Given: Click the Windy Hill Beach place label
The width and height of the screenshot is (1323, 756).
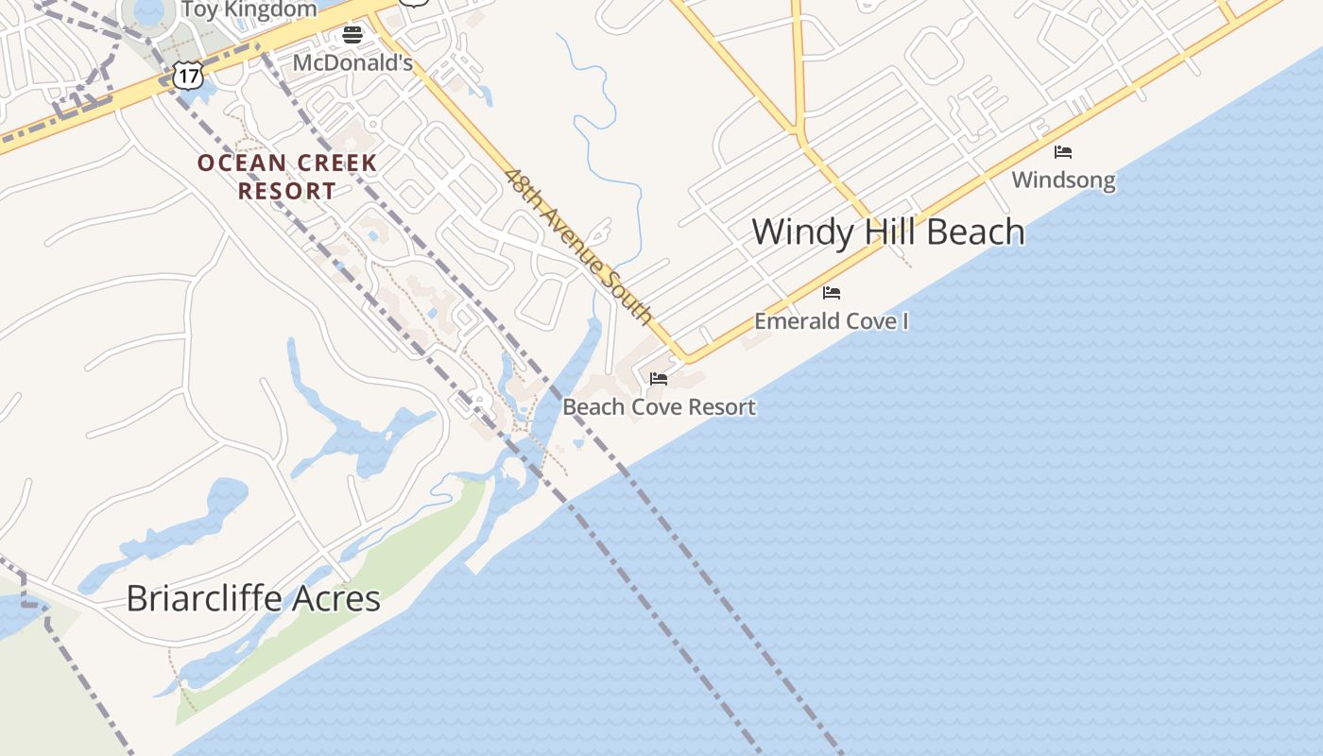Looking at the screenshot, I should coord(887,232).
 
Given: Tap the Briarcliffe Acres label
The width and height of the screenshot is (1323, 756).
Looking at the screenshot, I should coord(253,598).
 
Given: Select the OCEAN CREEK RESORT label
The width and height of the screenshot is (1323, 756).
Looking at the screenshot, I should coord(287,177).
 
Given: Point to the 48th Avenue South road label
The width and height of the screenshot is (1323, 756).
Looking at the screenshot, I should coord(578,246).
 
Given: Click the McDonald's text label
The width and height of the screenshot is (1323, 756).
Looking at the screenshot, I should coord(352,63).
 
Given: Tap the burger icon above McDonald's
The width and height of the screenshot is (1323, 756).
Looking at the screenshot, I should coord(352,36).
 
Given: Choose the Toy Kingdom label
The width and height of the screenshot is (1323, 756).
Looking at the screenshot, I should coord(249,9).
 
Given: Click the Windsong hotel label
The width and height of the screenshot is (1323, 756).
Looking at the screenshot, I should coord(1063,180).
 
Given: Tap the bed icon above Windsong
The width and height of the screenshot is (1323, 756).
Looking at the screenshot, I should coord(1063,151).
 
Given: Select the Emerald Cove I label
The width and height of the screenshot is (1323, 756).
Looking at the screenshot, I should coord(831,321).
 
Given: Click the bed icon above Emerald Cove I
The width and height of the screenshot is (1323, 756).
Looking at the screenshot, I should coord(832,292).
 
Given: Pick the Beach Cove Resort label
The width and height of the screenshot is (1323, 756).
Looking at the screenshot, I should coord(659,407).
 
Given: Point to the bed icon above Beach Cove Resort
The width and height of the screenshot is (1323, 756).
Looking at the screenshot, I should coord(659,379).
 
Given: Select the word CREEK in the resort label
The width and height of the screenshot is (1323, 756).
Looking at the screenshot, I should coord(335,163).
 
